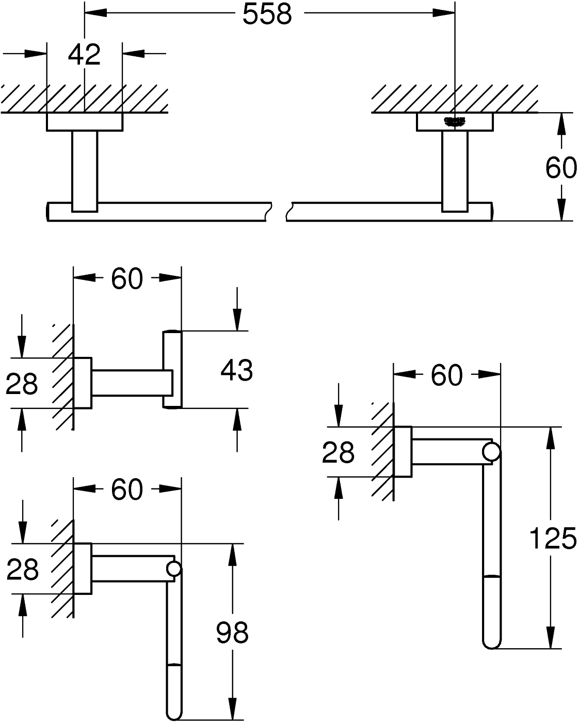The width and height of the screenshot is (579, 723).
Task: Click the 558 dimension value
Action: [267, 15]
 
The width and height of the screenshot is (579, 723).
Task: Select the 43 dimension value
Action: [236, 370]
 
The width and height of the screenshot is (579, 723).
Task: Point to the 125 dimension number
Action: [553, 539]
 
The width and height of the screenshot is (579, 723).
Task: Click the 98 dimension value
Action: [232, 632]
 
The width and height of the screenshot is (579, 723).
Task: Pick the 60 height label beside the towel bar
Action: [560, 168]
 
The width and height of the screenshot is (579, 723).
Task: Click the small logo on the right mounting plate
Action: [455, 121]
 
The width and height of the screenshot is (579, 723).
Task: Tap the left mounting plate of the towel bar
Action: [85, 122]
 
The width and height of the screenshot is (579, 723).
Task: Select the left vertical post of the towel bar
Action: [85, 170]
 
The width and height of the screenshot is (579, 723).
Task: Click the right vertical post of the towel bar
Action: [455, 170]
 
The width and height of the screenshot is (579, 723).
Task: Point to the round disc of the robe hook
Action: [173, 369]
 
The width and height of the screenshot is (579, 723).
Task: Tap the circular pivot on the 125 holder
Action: [492, 452]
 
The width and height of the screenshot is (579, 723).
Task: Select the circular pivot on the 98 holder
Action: [174, 569]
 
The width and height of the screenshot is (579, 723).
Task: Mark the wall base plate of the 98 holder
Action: [83, 569]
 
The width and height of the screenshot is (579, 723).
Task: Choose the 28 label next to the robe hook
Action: [22, 384]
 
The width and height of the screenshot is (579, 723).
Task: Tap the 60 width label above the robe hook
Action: [127, 279]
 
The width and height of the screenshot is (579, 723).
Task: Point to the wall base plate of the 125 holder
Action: [403, 452]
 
